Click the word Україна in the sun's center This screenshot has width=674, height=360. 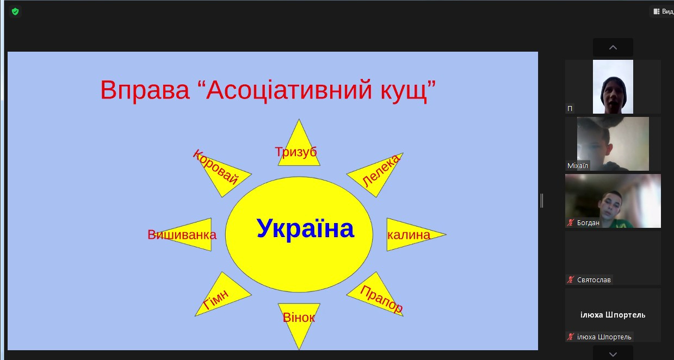coord(305,229)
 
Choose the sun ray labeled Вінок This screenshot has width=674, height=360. coord(299,322)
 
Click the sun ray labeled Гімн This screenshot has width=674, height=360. coord(222,297)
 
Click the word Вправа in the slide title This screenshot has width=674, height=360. coord(145,90)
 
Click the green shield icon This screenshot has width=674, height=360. coord(15,12)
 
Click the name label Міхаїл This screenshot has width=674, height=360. coord(577,166)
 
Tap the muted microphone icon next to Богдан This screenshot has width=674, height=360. coord(571,223)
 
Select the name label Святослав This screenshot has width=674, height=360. coord(593,280)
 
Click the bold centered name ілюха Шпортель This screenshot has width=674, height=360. coord(613,315)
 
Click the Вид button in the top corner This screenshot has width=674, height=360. coord(664,11)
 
